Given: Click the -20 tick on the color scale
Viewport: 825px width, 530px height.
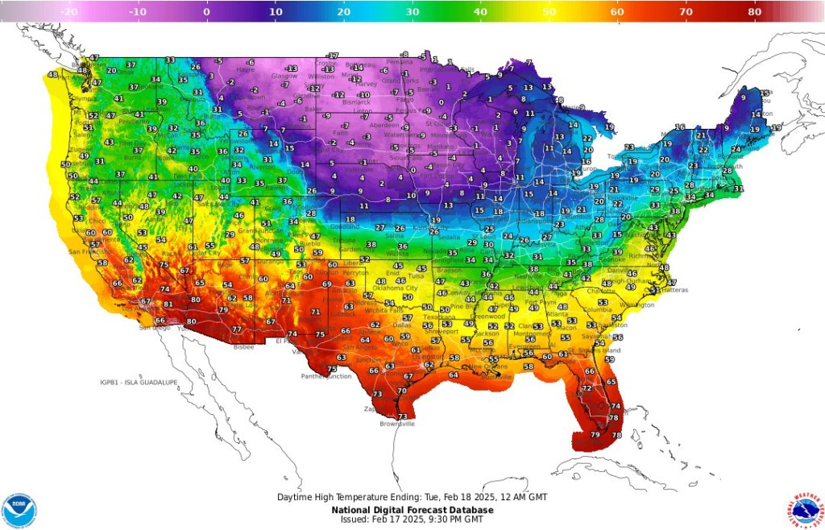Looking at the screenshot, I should pyautogui.click(x=69, y=12).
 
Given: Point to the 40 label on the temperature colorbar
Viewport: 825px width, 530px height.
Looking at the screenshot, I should pyautogui.click(x=481, y=12).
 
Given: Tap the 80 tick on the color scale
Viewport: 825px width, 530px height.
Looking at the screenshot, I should pyautogui.click(x=755, y=12).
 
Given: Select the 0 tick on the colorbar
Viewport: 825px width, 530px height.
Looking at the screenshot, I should pyautogui.click(x=207, y=12).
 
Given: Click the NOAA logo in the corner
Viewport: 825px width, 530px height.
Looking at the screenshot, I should pyautogui.click(x=19, y=510).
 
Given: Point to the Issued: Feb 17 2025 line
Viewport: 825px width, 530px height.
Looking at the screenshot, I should pyautogui.click(x=407, y=520).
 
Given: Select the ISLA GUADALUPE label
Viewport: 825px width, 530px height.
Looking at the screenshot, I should pyautogui.click(x=139, y=382).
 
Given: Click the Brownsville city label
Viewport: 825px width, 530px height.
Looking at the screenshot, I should pyautogui.click(x=397, y=424).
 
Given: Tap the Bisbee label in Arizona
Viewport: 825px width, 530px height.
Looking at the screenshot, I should pyautogui.click(x=243, y=346).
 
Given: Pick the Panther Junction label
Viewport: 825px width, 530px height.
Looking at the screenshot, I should pyautogui.click(x=326, y=376).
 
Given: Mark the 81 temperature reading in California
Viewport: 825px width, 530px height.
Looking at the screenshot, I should pyautogui.click(x=168, y=304).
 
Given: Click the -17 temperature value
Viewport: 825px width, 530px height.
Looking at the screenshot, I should pyautogui.click(x=333, y=56).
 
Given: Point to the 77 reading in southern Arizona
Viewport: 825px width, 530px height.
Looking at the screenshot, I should pyautogui.click(x=237, y=329).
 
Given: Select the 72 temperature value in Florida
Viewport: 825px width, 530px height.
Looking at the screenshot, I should pyautogui.click(x=587, y=388).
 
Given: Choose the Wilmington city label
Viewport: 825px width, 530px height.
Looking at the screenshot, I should pyautogui.click(x=636, y=305).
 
